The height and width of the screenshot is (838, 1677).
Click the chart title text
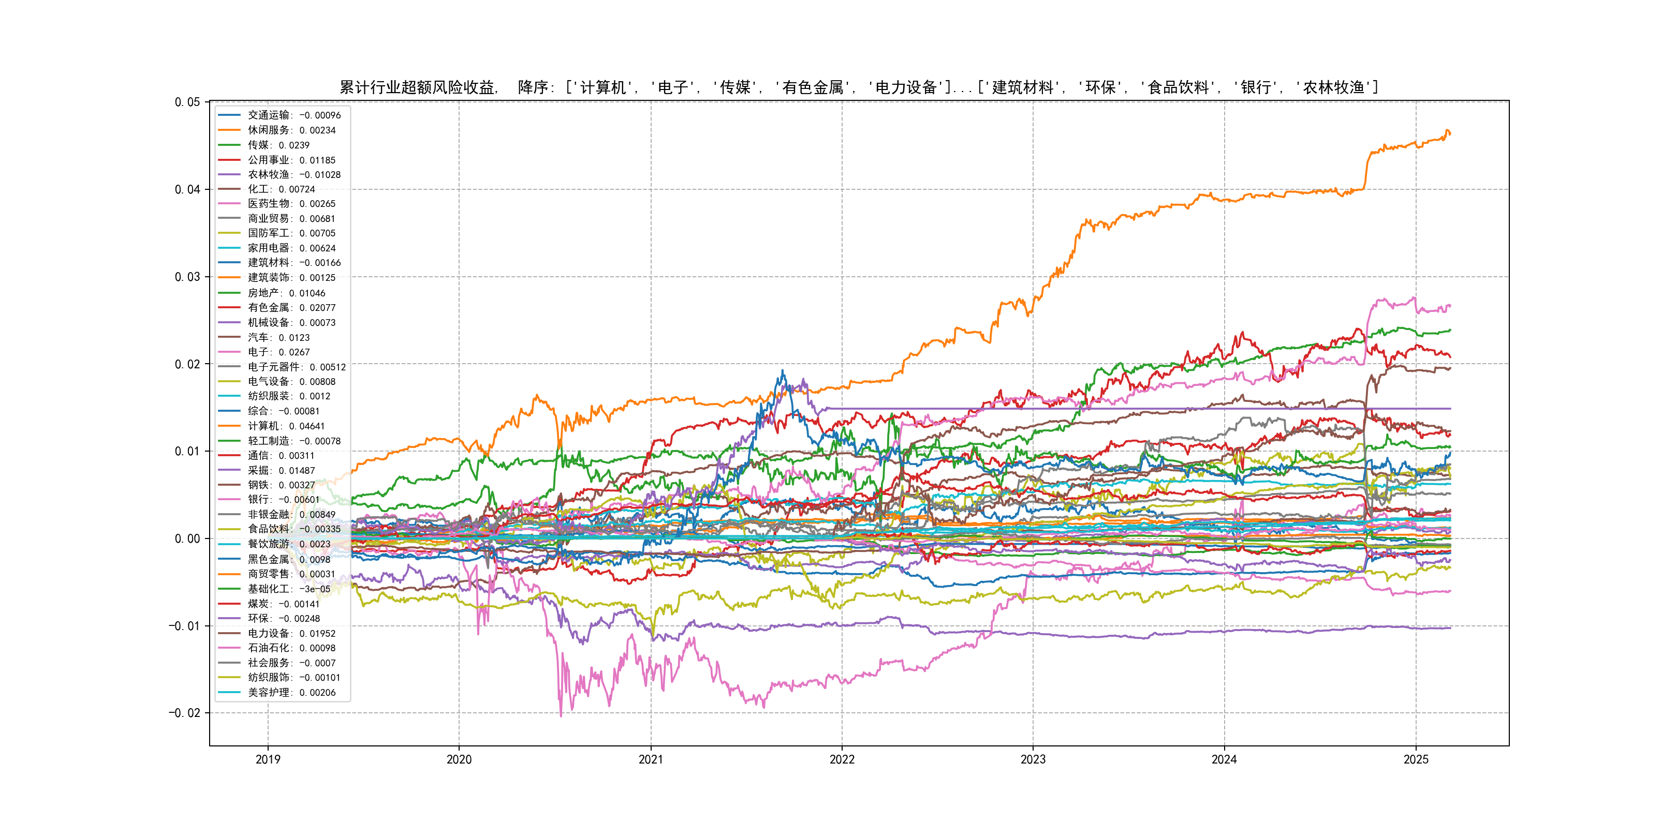coord(859,87)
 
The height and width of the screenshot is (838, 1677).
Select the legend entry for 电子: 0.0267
coord(278,352)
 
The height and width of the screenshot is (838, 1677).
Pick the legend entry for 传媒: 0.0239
coord(278,145)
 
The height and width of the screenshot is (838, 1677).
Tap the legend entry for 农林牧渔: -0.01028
coord(293,174)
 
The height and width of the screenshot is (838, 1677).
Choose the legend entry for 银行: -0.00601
coord(283,500)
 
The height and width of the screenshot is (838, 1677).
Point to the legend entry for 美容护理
coord(291,692)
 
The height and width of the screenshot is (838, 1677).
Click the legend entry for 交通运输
coord(293,115)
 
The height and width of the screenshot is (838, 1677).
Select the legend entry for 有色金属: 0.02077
coord(291,308)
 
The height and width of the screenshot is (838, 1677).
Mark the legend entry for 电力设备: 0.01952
coord(291,633)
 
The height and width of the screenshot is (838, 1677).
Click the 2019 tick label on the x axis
coord(268,759)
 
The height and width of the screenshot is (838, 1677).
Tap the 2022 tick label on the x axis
coord(842,759)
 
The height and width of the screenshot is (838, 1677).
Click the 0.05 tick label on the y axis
coord(187,102)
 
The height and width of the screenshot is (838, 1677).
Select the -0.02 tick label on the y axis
coord(184,713)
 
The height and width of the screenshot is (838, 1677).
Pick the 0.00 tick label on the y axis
coord(187,538)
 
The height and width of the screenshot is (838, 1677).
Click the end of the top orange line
coord(1450,133)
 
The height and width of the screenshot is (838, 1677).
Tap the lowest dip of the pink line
coord(561,716)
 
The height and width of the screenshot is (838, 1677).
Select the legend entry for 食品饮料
coord(293,529)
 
